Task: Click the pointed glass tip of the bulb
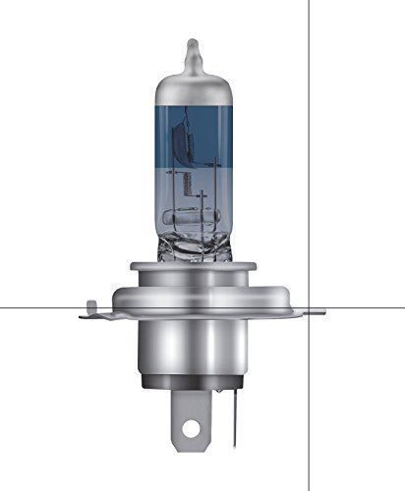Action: [x=193, y=46]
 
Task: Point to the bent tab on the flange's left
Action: [x=90, y=312]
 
